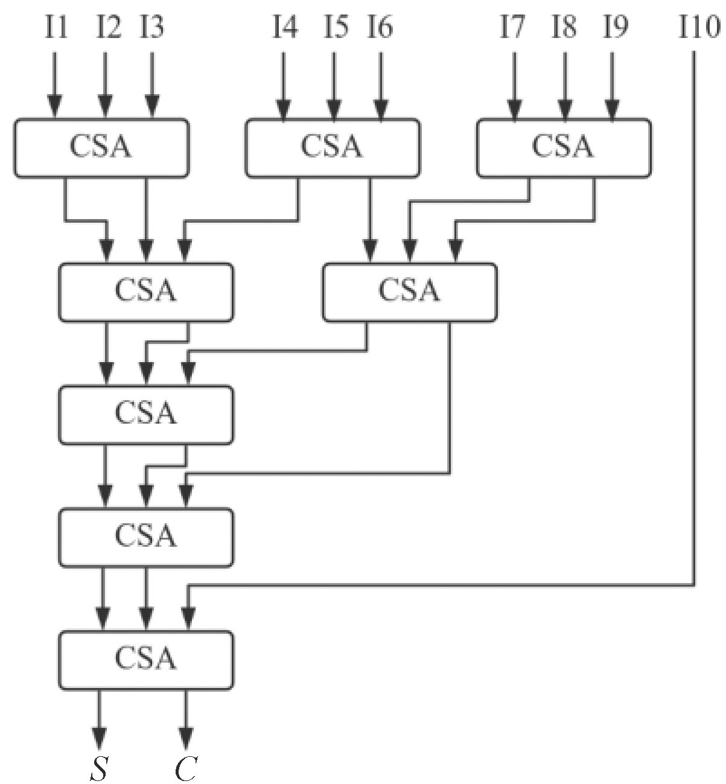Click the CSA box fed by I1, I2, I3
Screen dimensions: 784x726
pos(101,148)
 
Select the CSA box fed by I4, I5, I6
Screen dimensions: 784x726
pos(332,148)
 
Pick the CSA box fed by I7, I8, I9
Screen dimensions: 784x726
pos(564,148)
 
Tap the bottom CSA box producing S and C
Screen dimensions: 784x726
pos(145,659)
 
